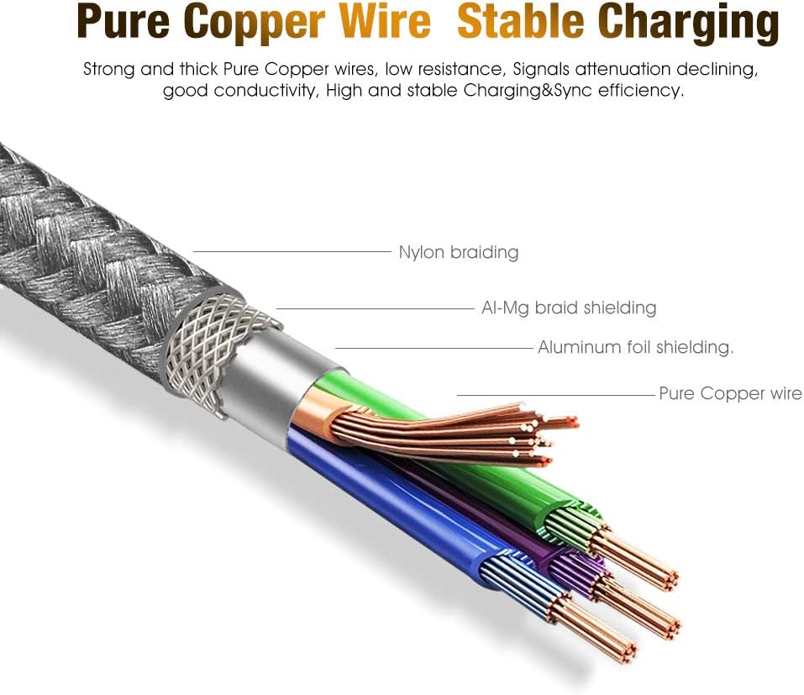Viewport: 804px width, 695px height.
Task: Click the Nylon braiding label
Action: [x=458, y=252]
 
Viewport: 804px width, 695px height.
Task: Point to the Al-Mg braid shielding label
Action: [x=569, y=308]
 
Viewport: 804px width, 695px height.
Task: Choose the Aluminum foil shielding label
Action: [x=635, y=347]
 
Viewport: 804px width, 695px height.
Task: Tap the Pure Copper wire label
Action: [x=730, y=393]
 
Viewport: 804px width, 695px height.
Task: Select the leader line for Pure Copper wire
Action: [x=554, y=394]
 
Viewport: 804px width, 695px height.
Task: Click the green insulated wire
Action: [x=470, y=471]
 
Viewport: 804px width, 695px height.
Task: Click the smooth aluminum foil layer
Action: [x=269, y=370]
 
